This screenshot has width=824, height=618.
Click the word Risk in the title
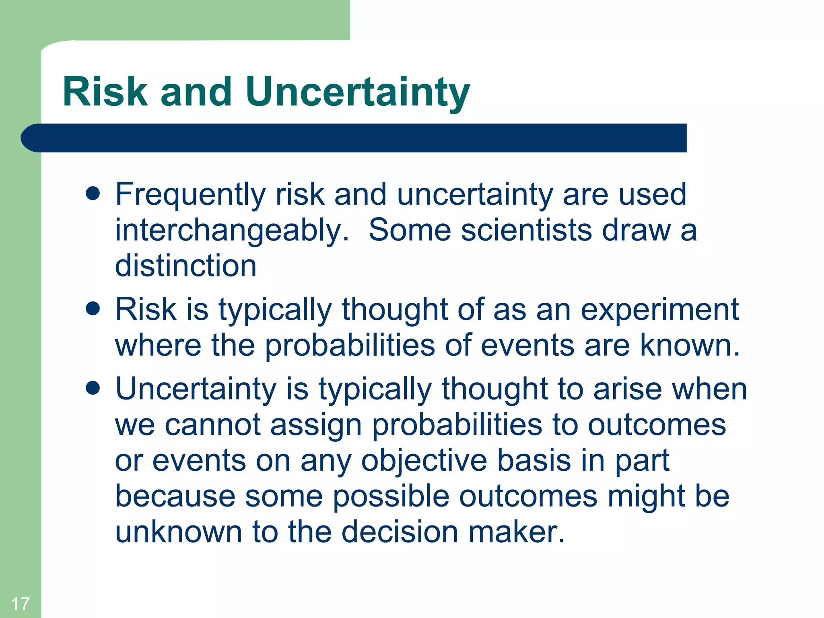(105, 92)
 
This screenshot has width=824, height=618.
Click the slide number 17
(20, 604)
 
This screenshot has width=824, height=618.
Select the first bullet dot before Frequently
(93, 194)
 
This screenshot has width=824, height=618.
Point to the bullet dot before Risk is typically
(93, 309)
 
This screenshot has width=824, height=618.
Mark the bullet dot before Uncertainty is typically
(93, 388)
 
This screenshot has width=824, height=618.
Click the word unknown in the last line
(178, 532)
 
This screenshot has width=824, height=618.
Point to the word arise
(628, 389)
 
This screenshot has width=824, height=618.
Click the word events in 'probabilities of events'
(527, 346)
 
